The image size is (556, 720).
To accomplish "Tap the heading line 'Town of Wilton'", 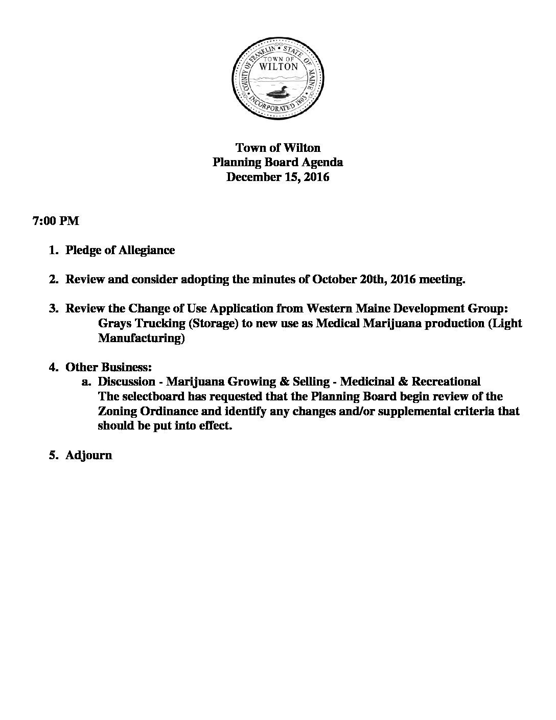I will [277, 148].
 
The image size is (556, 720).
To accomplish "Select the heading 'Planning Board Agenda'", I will [277, 163].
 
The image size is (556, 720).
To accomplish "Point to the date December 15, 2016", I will [277, 177].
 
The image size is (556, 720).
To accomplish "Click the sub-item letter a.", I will [86, 381].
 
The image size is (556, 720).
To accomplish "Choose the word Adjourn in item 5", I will [89, 455].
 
